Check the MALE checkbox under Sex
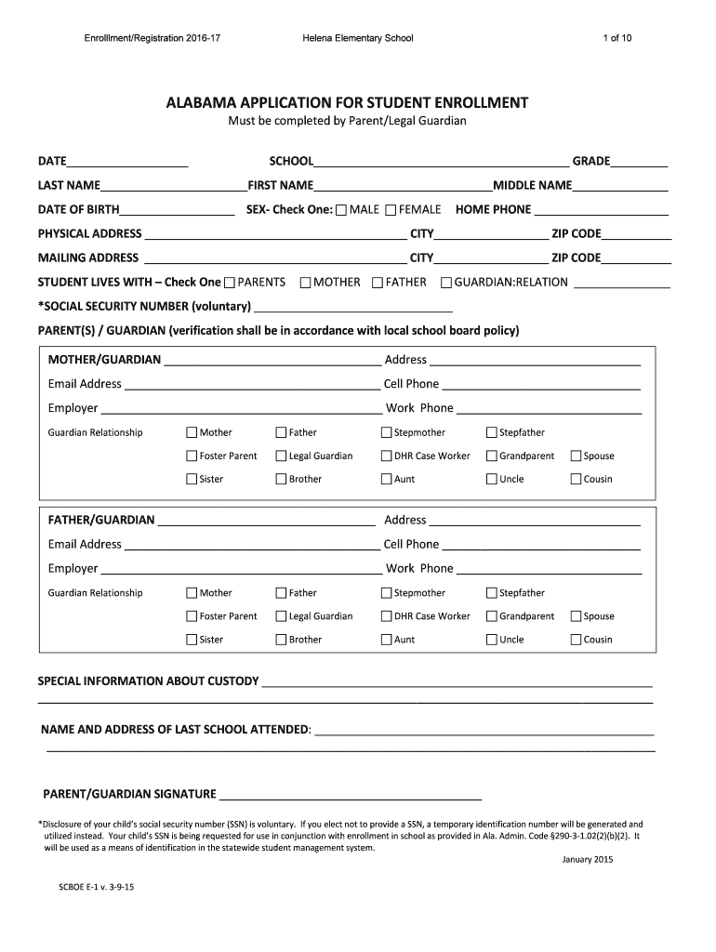[341, 210]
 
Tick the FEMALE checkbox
[391, 210]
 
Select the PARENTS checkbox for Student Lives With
[231, 283]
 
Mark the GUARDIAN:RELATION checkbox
[446, 283]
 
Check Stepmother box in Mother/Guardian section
[387, 432]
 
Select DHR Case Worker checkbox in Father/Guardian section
[387, 616]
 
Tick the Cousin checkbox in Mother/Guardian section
[576, 480]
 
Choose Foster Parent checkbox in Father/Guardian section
[192, 616]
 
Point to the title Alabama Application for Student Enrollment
[347, 101]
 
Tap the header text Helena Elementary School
[357, 38]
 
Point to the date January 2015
[588, 859]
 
